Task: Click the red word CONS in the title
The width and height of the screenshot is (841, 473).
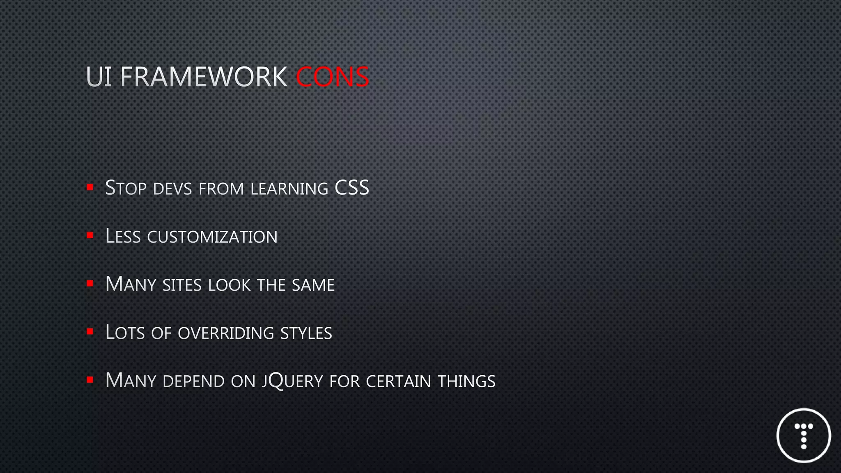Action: [332, 77]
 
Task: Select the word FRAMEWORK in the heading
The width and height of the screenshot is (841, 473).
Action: [204, 77]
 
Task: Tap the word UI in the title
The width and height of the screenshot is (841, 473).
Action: [99, 77]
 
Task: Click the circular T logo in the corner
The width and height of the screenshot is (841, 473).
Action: [804, 435]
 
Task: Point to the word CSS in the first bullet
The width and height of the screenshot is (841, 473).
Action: [352, 188]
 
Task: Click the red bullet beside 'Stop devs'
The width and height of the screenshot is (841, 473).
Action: [90, 188]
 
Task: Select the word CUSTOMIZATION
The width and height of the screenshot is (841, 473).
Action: [212, 237]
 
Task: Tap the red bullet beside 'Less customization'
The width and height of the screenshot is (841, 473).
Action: [90, 236]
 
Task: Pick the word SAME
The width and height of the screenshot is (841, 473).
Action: [313, 285]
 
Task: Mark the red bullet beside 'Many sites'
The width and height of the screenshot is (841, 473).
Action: [90, 284]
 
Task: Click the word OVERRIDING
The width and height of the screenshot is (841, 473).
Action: [226, 333]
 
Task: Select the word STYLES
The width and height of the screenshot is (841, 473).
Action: [306, 333]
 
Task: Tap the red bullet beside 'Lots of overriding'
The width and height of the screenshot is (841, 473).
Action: [90, 332]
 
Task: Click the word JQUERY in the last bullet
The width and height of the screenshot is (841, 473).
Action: [293, 381]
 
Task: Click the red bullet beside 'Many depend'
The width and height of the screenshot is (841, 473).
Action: [90, 380]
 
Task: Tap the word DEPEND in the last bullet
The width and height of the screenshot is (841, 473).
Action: [194, 381]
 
